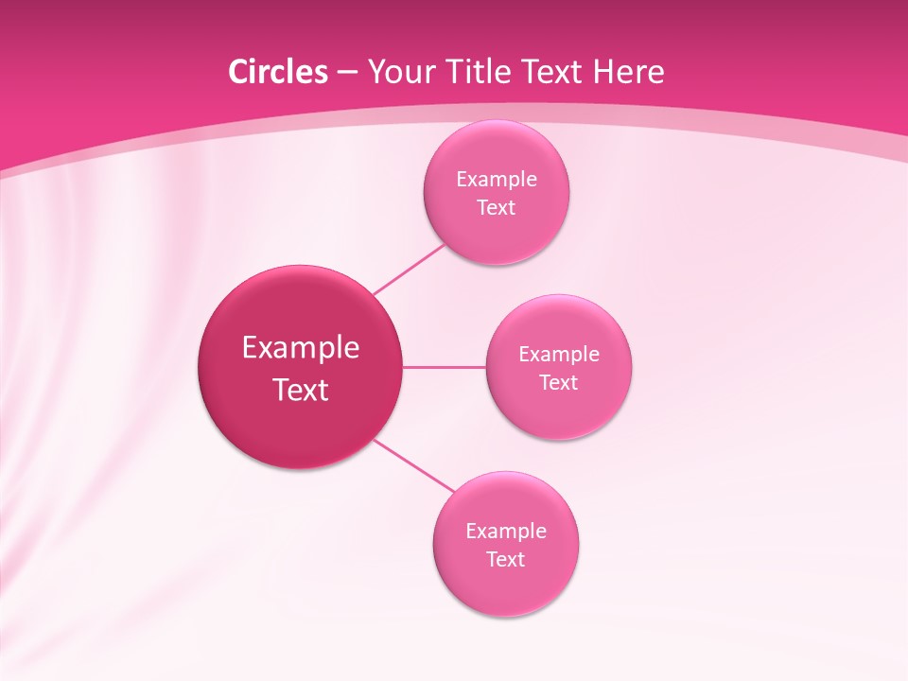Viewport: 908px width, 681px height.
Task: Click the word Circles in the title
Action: (x=277, y=72)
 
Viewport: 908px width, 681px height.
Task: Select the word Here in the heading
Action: (x=630, y=72)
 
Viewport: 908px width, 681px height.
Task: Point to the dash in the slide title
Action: (x=347, y=74)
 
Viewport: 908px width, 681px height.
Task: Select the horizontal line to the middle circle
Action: (x=445, y=367)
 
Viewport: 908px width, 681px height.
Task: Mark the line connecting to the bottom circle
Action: (x=414, y=465)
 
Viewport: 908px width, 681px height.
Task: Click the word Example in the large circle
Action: (x=301, y=348)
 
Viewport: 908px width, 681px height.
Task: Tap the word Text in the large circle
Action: (x=301, y=390)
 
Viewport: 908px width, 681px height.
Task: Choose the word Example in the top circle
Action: (x=497, y=180)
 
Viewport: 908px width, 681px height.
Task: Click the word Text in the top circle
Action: (x=497, y=208)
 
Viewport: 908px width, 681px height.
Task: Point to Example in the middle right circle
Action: (x=559, y=355)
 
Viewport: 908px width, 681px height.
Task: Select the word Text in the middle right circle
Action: (x=559, y=383)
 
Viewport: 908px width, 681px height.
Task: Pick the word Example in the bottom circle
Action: (x=506, y=532)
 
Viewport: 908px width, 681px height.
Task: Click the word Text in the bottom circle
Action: (x=506, y=560)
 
